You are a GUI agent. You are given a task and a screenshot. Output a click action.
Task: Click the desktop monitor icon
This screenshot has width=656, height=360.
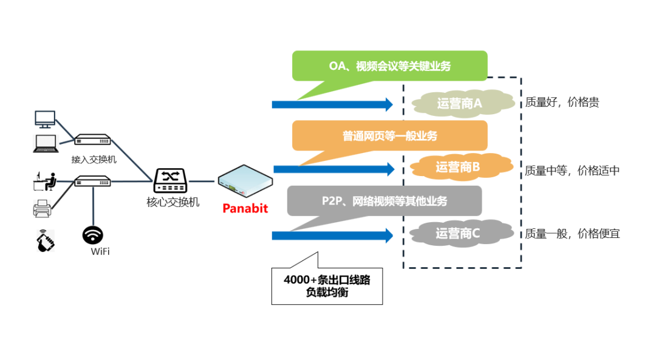click(x=45, y=119)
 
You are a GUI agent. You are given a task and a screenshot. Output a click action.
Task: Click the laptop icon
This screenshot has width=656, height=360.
click(x=46, y=143)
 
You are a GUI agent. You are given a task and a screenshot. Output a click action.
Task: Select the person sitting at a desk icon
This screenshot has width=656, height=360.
click(x=45, y=182)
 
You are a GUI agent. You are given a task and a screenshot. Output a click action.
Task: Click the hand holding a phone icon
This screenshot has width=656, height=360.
click(x=45, y=240)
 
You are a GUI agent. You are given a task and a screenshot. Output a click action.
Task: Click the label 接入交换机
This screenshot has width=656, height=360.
click(x=94, y=160)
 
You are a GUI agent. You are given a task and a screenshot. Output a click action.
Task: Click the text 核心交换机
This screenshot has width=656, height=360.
click(x=173, y=202)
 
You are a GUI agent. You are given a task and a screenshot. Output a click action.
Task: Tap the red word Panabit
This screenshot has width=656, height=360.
click(x=245, y=208)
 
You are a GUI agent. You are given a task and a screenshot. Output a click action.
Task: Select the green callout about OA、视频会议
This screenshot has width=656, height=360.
click(x=389, y=66)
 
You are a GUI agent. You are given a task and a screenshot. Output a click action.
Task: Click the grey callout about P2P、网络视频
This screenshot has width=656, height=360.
click(x=384, y=201)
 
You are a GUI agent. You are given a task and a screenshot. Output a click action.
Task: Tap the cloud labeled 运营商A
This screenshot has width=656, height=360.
click(x=459, y=103)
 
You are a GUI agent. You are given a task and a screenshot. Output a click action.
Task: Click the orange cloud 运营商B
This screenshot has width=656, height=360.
click(x=458, y=167)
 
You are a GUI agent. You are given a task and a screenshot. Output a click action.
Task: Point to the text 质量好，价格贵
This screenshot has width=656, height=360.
click(x=562, y=103)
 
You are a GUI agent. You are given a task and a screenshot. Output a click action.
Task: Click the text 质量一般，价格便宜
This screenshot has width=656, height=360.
click(x=572, y=233)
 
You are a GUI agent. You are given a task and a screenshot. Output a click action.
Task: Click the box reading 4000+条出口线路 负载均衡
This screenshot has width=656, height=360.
click(x=327, y=286)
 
